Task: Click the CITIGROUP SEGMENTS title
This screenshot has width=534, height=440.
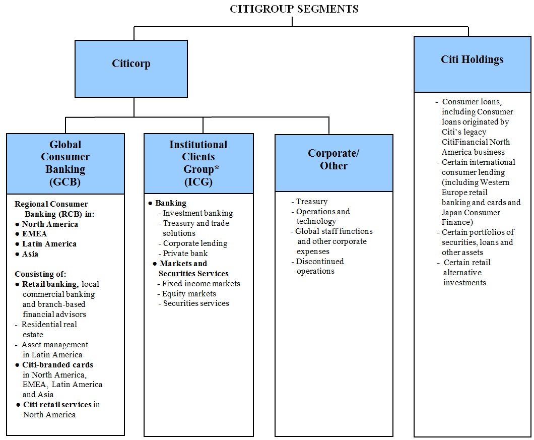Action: point(294,9)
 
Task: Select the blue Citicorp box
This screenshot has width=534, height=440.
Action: point(131,69)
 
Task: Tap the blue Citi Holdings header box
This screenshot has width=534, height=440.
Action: point(472,64)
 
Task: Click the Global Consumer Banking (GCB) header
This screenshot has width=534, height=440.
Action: point(65,163)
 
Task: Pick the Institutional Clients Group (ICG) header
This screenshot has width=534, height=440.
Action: point(198,163)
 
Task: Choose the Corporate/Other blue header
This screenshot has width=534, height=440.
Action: point(333,163)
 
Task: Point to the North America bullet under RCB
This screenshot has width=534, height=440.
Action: point(50,224)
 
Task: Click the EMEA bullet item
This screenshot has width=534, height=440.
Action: point(34,234)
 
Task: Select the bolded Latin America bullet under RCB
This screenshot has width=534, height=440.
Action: point(49,244)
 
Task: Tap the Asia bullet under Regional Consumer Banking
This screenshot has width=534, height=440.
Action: point(30,254)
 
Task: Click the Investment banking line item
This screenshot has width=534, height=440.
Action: point(197,213)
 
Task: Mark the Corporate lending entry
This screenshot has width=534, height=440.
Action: point(195,243)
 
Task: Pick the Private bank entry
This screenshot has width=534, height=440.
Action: point(185,254)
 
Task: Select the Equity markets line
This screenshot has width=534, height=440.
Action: point(189,294)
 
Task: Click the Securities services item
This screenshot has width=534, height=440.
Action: point(195,303)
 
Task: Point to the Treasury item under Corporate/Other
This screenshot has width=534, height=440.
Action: point(311,202)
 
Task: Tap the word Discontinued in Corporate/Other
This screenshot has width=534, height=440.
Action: point(319,262)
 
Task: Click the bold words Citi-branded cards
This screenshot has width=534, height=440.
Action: point(57,364)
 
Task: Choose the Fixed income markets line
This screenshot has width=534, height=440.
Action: point(201,284)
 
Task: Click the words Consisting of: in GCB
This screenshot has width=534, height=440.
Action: point(40,274)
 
